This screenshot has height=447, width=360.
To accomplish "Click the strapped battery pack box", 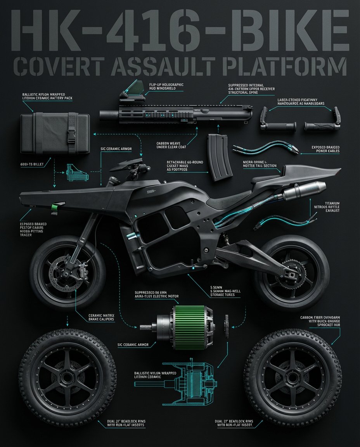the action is click(x=54, y=133).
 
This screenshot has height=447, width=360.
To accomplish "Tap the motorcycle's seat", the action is click(x=225, y=202).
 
